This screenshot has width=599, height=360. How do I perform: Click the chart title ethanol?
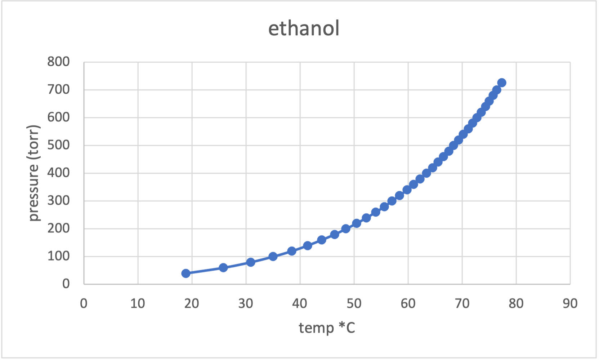(304, 28)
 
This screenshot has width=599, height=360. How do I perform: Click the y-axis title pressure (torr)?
(33, 173)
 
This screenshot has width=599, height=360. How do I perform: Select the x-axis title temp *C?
(327, 328)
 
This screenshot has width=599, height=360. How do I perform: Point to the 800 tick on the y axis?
(58, 62)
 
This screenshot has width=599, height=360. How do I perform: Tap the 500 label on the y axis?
(58, 145)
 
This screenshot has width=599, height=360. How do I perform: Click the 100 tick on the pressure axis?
(58, 256)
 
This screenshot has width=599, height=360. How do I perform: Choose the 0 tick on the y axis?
(66, 284)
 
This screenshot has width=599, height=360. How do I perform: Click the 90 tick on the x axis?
(570, 304)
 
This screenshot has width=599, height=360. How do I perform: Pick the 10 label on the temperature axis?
(138, 304)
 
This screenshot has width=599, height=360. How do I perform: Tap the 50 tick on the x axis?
(354, 304)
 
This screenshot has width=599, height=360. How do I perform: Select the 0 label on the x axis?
(84, 304)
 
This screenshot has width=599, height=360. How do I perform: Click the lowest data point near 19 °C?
(186, 273)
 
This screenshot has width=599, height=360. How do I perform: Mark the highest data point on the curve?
(502, 83)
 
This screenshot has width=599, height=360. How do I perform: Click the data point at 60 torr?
(223, 267)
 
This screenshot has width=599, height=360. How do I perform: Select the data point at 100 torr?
(273, 257)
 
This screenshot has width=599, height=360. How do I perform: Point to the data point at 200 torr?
(346, 228)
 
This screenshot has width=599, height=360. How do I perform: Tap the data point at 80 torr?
(251, 262)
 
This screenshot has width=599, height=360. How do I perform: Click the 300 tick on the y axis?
(58, 201)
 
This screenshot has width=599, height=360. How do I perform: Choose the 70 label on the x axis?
(462, 304)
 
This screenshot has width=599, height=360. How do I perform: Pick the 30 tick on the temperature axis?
(246, 304)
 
